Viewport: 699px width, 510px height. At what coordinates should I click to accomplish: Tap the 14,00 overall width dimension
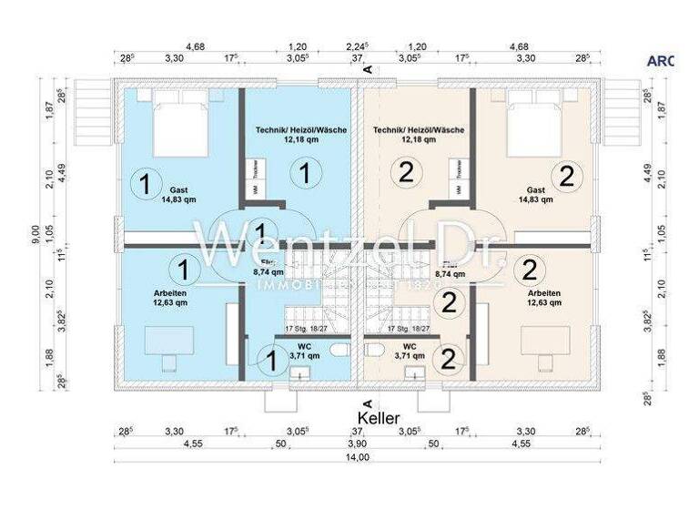pos(360,457)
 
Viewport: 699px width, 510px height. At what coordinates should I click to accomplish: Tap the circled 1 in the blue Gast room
pos(143,183)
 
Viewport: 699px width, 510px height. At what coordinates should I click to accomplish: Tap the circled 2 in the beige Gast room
pos(566,177)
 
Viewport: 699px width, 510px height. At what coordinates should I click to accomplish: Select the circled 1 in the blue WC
pos(269,360)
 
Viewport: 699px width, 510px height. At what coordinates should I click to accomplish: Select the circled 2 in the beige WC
pos(447,360)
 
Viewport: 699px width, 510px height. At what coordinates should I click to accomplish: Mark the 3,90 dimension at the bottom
pos(360,444)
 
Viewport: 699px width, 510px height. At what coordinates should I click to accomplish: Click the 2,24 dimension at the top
pos(357,45)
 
